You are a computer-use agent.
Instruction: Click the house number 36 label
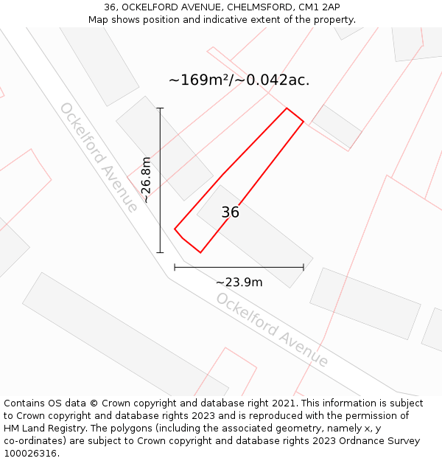click(x=230, y=212)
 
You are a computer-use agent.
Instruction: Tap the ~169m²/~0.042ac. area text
click(x=239, y=80)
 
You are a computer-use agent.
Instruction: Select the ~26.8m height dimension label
click(x=146, y=179)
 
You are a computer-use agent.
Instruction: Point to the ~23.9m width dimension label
click(x=239, y=282)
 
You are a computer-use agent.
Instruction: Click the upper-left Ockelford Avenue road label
click(x=98, y=157)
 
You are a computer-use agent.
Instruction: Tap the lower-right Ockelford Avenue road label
click(x=272, y=330)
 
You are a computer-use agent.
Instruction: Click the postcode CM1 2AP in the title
click(x=321, y=7)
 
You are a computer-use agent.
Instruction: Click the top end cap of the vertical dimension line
click(x=160, y=108)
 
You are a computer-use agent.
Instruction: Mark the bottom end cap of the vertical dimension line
click(x=160, y=253)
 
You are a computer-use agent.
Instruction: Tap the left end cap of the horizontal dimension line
click(x=175, y=267)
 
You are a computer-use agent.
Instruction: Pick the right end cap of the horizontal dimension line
click(x=304, y=267)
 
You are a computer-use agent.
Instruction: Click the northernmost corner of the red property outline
click(x=287, y=108)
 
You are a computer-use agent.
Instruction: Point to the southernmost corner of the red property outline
click(x=200, y=253)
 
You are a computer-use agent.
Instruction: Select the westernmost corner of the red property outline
click(x=175, y=229)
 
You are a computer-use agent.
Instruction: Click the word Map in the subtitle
click(x=98, y=20)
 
